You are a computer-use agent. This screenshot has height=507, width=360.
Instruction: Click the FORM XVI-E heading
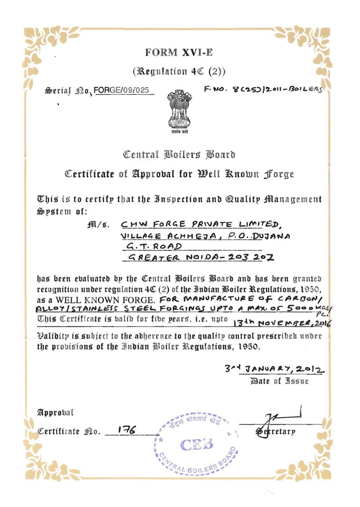click(179, 53)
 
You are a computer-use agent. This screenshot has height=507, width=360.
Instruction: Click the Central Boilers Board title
click(180, 155)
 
